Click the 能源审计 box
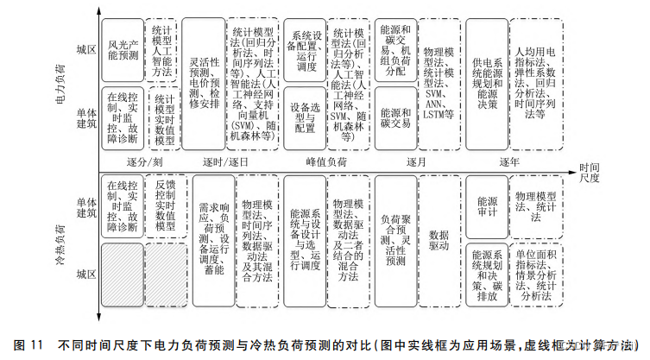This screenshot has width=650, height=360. tap(484, 205)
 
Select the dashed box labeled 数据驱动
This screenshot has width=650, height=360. tap(438, 239)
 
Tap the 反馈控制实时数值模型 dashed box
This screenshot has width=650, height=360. tap(165, 206)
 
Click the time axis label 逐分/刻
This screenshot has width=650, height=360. tap(144, 162)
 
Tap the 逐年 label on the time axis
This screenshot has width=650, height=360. tap(508, 162)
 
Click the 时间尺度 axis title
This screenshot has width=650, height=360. tap(590, 172)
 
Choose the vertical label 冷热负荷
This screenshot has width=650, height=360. tap(60, 240)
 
